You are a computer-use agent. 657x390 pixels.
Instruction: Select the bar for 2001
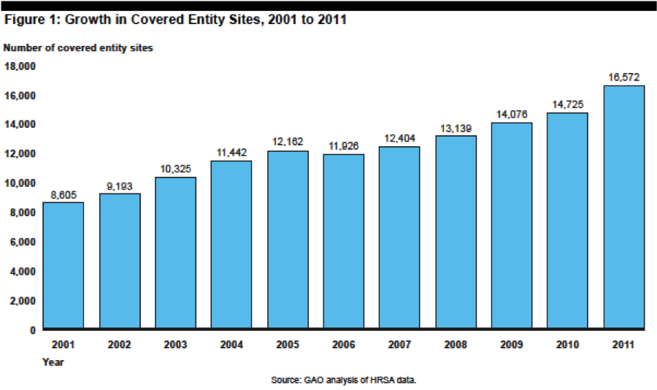click(64, 265)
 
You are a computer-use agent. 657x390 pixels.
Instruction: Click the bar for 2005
click(288, 240)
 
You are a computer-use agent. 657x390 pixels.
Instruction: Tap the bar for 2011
click(624, 207)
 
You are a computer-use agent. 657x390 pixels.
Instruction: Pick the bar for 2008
click(456, 232)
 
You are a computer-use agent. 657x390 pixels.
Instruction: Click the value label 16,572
click(624, 77)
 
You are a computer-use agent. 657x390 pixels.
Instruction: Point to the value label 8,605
click(64, 195)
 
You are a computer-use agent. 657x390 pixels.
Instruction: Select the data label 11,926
click(344, 146)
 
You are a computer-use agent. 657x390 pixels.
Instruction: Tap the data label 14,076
click(512, 114)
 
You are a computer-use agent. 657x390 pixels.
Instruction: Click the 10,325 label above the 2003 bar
click(175, 169)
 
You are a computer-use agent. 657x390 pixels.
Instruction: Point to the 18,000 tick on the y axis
click(20, 66)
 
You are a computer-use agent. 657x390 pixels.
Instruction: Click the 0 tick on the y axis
click(33, 330)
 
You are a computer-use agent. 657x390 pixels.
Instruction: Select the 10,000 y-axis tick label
click(20, 183)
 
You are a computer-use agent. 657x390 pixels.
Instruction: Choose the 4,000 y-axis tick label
click(23, 272)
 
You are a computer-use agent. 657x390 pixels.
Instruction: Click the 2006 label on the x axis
click(344, 345)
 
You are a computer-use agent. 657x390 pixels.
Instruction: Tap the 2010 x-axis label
click(567, 345)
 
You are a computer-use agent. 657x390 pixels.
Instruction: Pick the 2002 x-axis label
click(120, 345)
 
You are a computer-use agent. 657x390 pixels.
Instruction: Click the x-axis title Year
click(53, 362)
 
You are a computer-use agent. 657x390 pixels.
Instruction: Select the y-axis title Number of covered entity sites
click(78, 48)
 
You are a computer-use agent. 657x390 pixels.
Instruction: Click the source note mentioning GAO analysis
click(344, 380)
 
